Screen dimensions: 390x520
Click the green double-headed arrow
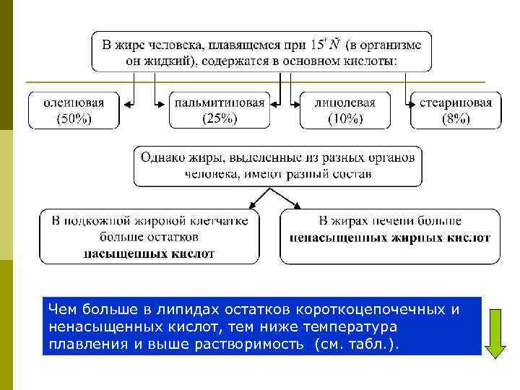[x=495, y=333]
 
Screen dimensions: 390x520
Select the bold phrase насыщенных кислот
[x=149, y=253]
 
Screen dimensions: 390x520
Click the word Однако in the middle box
[x=164, y=157]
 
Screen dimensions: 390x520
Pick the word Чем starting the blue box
[x=61, y=310]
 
